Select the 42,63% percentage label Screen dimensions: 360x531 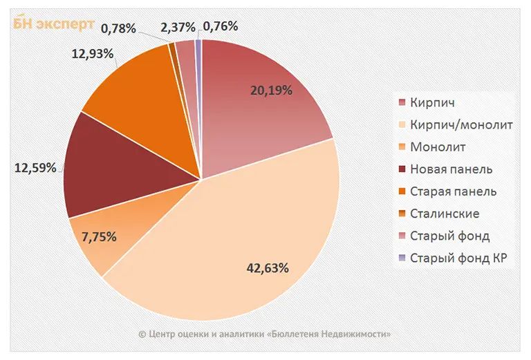(266, 267)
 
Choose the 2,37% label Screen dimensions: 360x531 (177, 26)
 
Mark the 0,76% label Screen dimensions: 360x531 (221, 26)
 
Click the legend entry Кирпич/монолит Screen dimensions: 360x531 (461, 124)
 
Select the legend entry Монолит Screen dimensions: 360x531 (438, 147)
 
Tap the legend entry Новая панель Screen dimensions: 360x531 (451, 169)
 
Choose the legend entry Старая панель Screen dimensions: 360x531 (453, 191)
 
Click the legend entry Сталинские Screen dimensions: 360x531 (444, 214)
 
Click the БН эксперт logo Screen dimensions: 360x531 (53, 23)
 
